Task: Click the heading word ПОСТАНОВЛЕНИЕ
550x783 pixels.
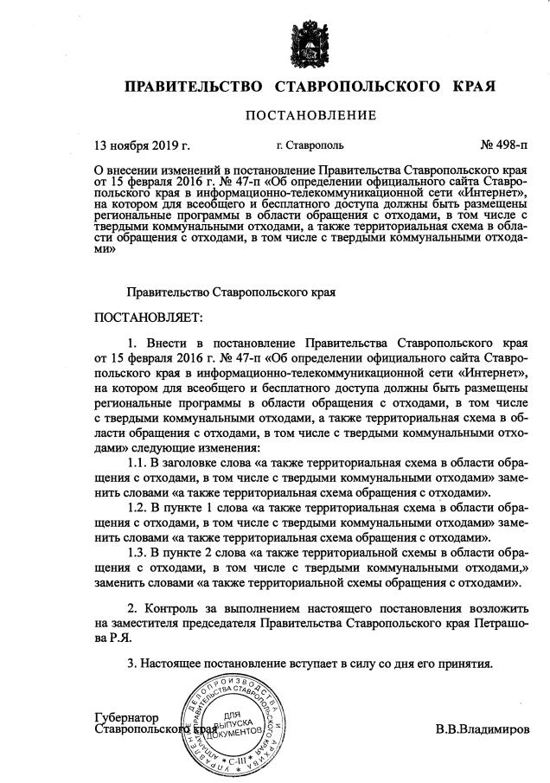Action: (x=311, y=115)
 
